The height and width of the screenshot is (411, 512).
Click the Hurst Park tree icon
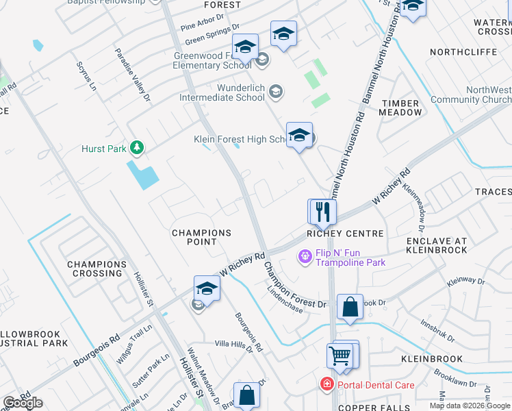click(x=138, y=147)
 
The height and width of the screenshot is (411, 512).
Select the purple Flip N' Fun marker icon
click(x=305, y=258)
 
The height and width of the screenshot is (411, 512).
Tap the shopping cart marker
click(x=341, y=356)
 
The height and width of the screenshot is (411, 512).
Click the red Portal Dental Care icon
click(x=327, y=385)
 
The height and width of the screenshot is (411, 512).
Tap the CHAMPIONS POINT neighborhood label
click(x=201, y=238)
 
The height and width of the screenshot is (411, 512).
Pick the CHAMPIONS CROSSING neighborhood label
click(x=97, y=269)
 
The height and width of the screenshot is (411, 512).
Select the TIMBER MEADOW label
click(x=401, y=108)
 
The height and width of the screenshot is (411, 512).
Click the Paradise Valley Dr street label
click(x=132, y=75)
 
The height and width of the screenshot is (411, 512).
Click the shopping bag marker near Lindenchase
click(x=350, y=308)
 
